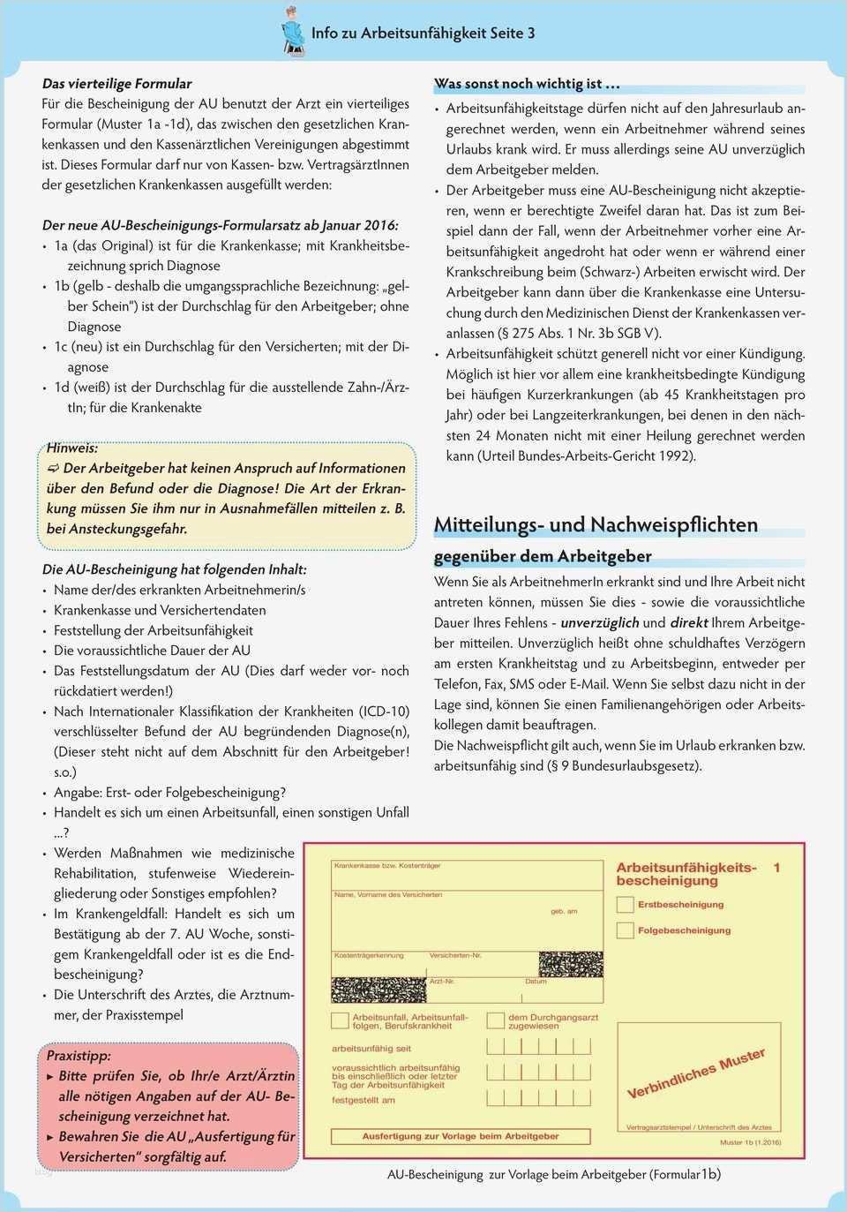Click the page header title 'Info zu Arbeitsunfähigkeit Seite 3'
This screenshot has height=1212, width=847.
coord(423,34)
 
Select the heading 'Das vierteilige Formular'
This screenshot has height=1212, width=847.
coord(116,83)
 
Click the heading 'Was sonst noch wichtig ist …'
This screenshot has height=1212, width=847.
coord(527,84)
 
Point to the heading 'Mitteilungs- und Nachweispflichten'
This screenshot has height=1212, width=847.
coord(596,524)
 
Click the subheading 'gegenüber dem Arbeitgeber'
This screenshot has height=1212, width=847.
coord(543,556)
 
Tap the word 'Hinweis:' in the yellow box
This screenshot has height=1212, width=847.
coord(72,448)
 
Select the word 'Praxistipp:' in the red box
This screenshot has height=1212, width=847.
coord(79,1056)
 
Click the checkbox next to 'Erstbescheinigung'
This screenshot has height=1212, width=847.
coord(625,905)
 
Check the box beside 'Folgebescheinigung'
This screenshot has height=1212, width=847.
coord(625,930)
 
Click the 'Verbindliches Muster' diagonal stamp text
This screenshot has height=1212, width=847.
coord(695,1073)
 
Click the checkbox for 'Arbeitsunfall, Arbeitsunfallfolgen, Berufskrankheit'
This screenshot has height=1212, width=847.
coord(340,1020)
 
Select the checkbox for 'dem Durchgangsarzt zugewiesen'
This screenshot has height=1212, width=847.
coord(496,1020)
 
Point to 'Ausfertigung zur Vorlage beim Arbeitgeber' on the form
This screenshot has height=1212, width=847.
coord(460,1136)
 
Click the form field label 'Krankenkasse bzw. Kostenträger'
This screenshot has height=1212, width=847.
coord(386,866)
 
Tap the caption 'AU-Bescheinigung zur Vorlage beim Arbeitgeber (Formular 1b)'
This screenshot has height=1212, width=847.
coord(553,1174)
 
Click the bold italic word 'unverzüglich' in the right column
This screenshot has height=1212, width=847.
coord(600,622)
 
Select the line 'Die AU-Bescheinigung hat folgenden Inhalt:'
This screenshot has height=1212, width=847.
coord(175,569)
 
